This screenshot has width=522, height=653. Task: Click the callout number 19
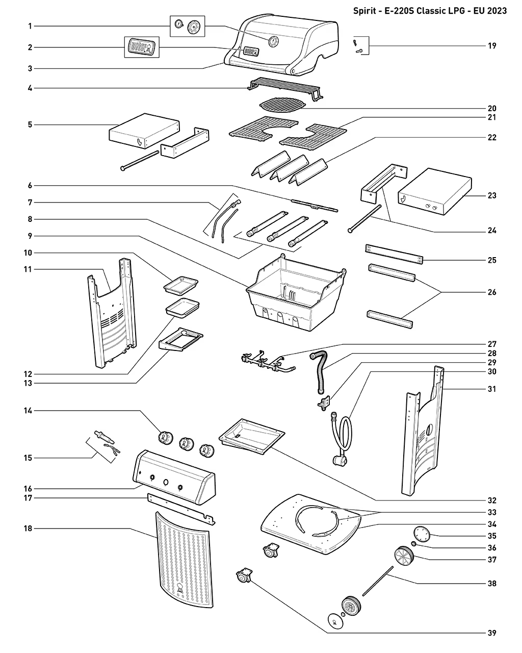tap(491, 45)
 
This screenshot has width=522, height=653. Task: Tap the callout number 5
tap(30, 124)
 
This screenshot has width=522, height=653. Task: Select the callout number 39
tap(491, 633)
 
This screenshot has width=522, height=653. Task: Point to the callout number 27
tap(491, 344)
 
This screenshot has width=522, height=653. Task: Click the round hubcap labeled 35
tap(422, 534)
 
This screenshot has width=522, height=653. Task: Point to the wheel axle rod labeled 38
tap(378, 580)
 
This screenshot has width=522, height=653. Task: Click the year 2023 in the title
tap(497, 11)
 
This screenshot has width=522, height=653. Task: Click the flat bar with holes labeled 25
tap(394, 254)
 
